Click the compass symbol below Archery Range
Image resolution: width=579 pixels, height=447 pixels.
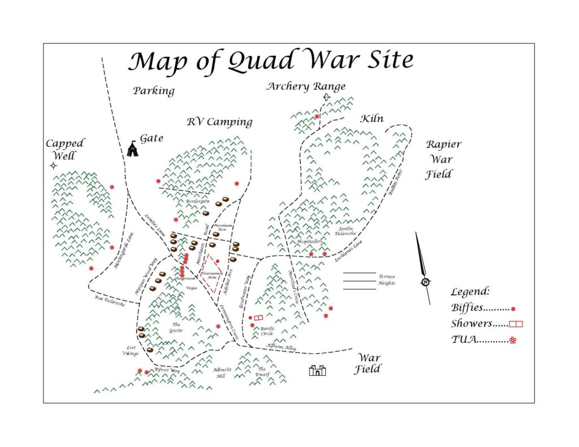click(326, 97)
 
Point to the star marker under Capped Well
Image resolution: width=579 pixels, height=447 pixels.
click(53, 166)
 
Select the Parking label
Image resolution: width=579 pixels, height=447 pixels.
click(154, 91)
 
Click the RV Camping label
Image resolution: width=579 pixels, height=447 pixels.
click(219, 123)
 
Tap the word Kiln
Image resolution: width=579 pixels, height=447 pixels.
click(372, 119)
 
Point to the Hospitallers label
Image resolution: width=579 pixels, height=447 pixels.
click(309, 242)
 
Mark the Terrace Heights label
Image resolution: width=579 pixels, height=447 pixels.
click(387, 280)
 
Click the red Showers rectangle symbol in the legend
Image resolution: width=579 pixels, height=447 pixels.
click(516, 324)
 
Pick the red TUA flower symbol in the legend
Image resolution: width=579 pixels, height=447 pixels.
click(512, 340)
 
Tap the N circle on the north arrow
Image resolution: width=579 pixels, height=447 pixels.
click(425, 282)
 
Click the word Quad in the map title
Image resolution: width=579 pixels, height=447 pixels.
click(261, 60)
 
